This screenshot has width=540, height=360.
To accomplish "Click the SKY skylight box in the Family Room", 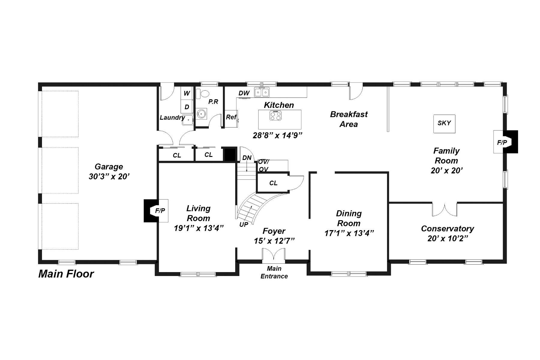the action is [x=444, y=124].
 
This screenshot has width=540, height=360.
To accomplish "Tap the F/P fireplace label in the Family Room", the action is [x=502, y=142].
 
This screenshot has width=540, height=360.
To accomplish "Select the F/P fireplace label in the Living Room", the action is [x=160, y=211].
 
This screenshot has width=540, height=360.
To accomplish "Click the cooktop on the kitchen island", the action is [x=276, y=115].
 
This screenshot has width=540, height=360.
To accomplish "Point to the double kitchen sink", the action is [x=262, y=92].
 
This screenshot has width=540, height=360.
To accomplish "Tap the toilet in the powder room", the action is [x=203, y=94].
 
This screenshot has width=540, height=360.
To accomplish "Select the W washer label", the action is [x=187, y=93].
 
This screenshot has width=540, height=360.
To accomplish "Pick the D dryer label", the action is [x=187, y=107].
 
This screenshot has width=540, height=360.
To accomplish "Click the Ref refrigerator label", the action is [x=231, y=117].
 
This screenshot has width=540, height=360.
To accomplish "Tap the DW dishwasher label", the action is [x=244, y=93].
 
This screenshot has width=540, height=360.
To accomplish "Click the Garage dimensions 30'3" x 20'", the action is [x=109, y=177].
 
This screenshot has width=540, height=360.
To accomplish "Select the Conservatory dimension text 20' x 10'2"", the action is [x=448, y=238].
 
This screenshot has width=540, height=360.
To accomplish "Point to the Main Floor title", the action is [x=66, y=274].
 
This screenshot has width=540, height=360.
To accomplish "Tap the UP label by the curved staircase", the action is [x=244, y=224].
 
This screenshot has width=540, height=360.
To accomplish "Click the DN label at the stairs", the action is [x=247, y=158].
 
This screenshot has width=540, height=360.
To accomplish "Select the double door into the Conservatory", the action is [x=445, y=209].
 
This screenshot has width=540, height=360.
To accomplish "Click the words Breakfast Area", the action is [x=349, y=119].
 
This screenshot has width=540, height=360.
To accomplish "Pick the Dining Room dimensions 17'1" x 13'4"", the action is [x=349, y=233].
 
